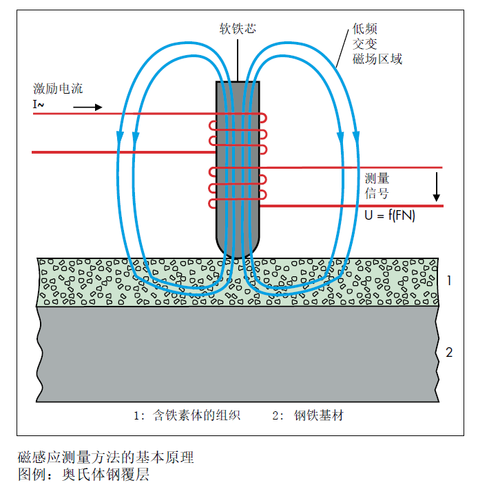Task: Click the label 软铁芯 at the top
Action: [x=238, y=28]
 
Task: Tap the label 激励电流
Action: [x=59, y=89]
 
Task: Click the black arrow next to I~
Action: [x=87, y=107]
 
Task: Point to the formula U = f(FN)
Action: [x=390, y=216]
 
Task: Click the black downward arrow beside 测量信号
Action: [x=436, y=188]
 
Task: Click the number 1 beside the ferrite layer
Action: [x=448, y=280]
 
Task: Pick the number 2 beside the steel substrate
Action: [x=448, y=353]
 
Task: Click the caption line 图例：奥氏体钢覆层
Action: [x=83, y=475]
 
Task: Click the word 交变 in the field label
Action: [x=364, y=44]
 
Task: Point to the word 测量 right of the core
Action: [x=377, y=178]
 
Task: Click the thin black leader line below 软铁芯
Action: [x=238, y=59]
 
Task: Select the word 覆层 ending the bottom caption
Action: [x=137, y=475]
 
